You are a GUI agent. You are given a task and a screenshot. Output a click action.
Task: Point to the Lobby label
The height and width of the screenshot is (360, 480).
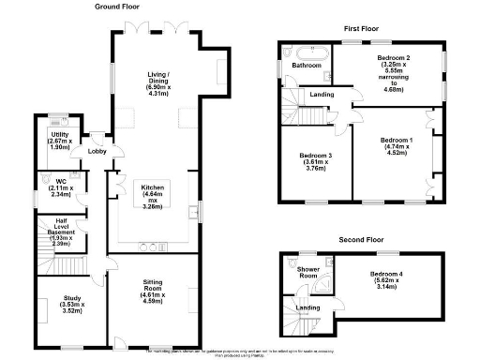(97, 151)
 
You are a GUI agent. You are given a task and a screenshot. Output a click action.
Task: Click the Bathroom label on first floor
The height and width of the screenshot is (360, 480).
(307, 67)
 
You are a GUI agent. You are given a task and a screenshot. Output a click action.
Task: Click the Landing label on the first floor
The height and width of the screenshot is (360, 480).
(322, 95)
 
